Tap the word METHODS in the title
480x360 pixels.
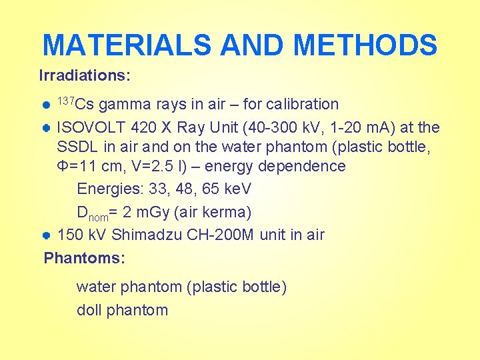365,45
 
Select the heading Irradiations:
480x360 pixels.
85,75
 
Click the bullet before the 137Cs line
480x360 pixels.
47,105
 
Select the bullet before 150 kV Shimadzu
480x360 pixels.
47,235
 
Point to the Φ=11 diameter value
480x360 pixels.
79,166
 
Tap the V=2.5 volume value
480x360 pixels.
136,166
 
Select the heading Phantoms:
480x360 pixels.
85,257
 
